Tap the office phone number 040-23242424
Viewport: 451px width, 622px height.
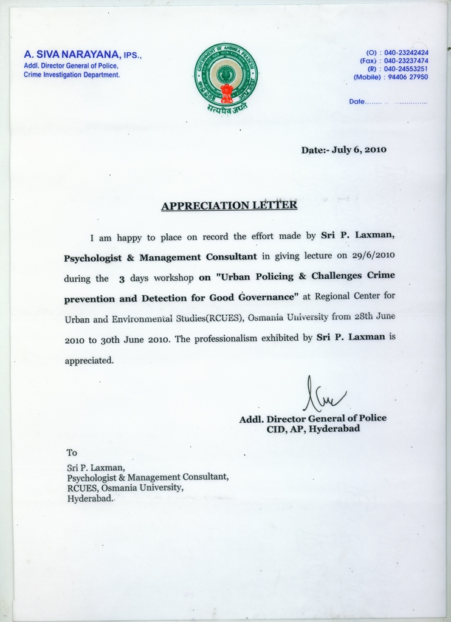click(406, 53)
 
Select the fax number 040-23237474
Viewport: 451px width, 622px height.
click(406, 61)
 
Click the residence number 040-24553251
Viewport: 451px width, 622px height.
click(406, 69)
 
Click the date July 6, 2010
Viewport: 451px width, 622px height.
click(359, 150)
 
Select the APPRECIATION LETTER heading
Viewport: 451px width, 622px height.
click(229, 205)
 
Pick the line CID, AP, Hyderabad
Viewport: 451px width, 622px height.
click(313, 429)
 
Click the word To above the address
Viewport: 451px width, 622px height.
click(72, 453)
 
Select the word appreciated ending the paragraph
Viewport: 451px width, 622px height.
click(89, 360)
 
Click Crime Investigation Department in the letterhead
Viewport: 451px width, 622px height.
click(72, 75)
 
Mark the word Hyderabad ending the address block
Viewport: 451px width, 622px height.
click(90, 497)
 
